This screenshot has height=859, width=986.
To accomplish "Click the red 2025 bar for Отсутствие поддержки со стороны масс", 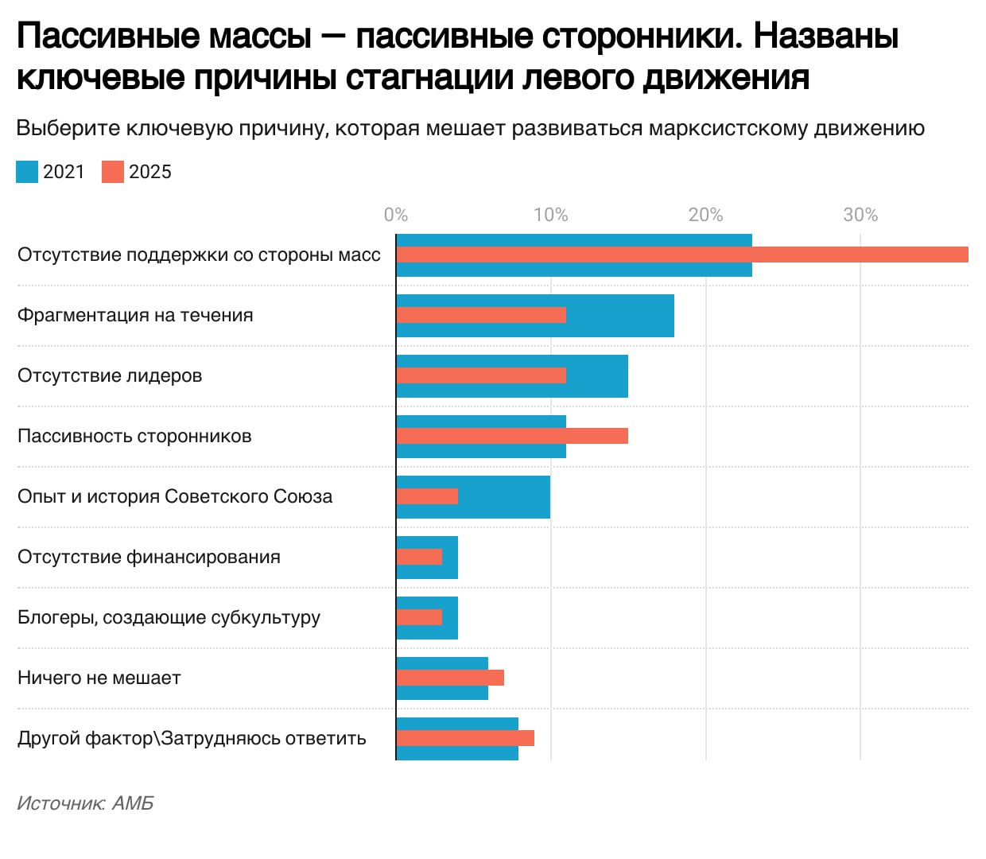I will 682,255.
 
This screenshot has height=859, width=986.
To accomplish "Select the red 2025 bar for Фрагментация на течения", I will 481,315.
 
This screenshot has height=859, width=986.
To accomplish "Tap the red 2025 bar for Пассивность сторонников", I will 512,436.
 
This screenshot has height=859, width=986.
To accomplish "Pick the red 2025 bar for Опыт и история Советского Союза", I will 427,496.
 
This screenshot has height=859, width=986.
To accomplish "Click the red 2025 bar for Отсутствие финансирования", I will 419,557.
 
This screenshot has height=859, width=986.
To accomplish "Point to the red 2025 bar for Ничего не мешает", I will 450,678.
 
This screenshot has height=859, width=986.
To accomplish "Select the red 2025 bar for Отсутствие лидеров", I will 481,375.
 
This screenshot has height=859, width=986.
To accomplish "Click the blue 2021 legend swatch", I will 27,172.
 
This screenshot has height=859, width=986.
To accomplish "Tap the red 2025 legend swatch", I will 113,172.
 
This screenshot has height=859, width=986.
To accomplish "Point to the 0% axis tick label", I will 395,215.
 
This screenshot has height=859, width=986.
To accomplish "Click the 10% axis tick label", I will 550,215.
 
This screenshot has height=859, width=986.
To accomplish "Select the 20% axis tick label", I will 705,215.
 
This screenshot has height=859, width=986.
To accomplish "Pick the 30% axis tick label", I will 860,215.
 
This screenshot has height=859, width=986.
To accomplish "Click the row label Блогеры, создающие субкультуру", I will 169,617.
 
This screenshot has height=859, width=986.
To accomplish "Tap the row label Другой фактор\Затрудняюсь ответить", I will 192,738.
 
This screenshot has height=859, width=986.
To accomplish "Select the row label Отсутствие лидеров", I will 110,375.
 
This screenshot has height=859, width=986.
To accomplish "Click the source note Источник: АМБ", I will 85,803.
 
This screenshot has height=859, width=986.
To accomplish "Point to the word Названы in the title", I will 826,36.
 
